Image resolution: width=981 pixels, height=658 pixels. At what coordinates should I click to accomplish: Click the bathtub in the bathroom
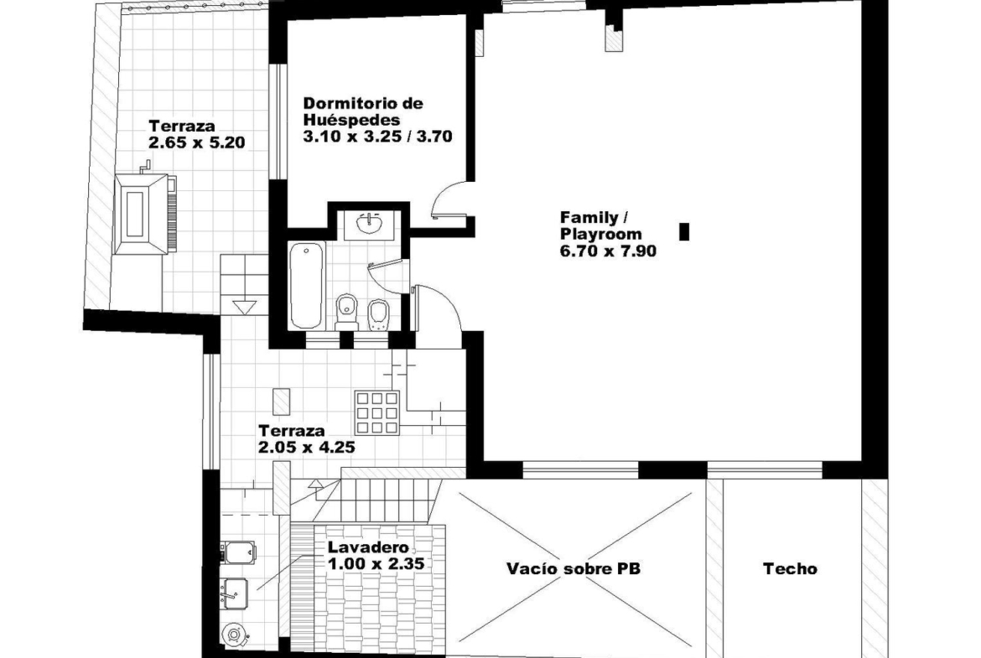(x=307, y=285)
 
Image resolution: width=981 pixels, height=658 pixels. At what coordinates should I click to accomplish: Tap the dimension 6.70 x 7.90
(x=608, y=251)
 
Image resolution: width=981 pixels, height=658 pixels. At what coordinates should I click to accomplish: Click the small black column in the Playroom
(x=684, y=231)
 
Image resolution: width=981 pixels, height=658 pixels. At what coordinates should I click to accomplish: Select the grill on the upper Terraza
(x=145, y=213)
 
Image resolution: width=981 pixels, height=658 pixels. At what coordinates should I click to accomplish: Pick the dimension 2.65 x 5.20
(x=197, y=142)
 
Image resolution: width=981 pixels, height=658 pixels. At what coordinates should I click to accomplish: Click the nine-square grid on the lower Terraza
(x=377, y=412)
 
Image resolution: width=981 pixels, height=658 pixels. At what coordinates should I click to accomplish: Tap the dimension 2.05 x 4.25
(x=307, y=448)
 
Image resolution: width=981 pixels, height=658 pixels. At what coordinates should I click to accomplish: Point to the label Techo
(x=790, y=568)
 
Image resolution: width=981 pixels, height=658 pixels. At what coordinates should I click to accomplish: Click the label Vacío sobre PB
(x=574, y=568)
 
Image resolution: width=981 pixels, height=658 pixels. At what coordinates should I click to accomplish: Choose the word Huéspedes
(x=351, y=120)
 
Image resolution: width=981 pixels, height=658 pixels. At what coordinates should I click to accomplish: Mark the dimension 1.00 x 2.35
(x=376, y=563)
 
